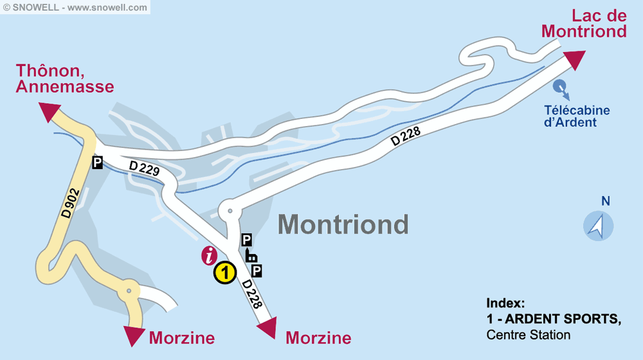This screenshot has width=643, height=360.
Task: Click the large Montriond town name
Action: coord(343,224)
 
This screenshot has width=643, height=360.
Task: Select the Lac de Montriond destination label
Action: coord(583,24)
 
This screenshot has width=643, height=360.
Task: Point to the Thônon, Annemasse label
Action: coord(65,78)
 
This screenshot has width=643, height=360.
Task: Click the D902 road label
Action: coord(70,203)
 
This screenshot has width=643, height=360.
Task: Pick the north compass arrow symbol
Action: coord(598,226)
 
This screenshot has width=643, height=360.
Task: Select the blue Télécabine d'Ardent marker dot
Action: coord(559,85)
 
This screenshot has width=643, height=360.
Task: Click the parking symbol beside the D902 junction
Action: coord(97,163)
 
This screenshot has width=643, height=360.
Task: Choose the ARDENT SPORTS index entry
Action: coord(554,319)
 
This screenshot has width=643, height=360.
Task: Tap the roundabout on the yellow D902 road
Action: coord(129,290)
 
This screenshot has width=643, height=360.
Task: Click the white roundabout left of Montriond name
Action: coord(228,210)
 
